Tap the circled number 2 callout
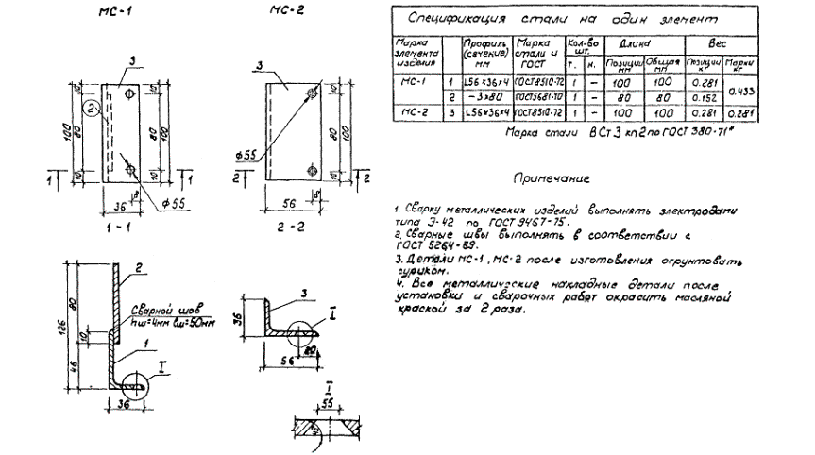[x=91, y=109]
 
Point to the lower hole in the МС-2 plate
[x=313, y=171]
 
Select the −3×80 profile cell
[x=485, y=97]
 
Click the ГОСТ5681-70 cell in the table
[x=535, y=97]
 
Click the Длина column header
[x=639, y=43]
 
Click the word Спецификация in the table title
[x=450, y=18]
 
